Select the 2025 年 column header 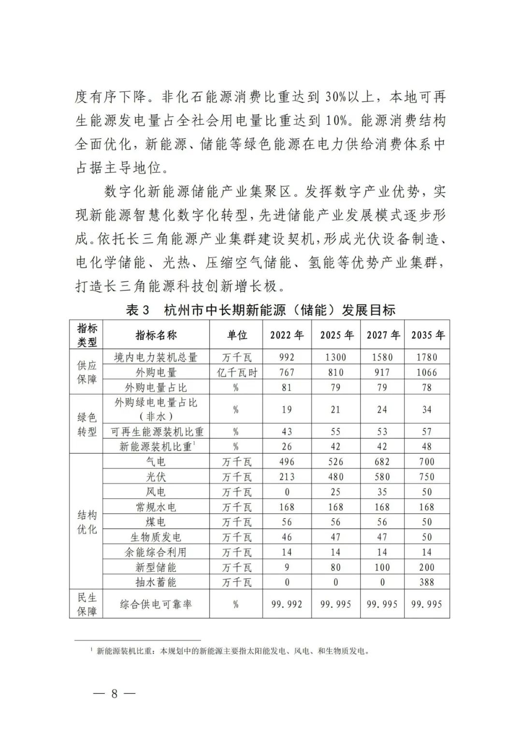click(336, 335)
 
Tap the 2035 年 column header click(427, 335)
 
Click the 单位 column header click(236, 335)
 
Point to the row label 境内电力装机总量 click(156, 357)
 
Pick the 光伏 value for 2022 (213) click(287, 477)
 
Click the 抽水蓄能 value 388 click(427, 582)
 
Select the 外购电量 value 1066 click(427, 373)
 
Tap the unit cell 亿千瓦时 click(236, 373)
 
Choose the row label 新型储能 click(156, 567)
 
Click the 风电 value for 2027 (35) click(382, 492)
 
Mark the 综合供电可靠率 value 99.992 click(287, 604)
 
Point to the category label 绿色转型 click(87, 424)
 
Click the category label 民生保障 click(87, 604)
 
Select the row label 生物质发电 click(156, 537)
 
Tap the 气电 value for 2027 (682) click(382, 462)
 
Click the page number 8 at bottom click(114, 694)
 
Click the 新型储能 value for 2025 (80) click(335, 567)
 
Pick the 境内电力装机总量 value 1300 click(335, 357)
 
